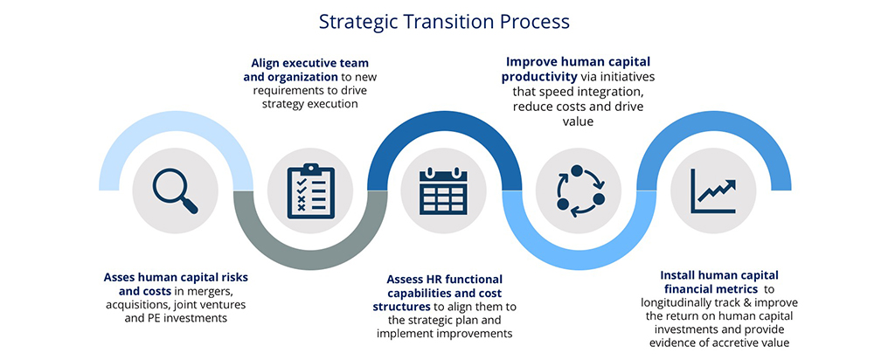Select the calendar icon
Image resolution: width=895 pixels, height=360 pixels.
coord(443,191)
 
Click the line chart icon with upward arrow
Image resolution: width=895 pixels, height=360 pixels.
coord(713,191)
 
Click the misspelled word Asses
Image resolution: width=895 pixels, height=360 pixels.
coord(119,277)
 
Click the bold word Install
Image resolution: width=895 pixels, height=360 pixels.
coord(677,275)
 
